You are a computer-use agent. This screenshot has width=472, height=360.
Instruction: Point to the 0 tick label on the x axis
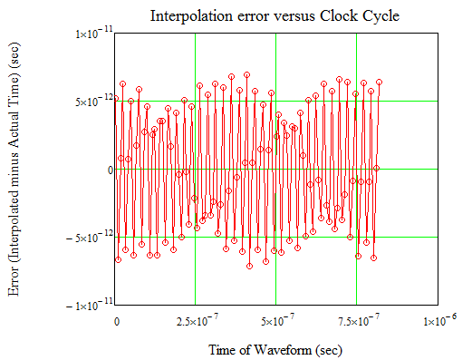pos(117,321)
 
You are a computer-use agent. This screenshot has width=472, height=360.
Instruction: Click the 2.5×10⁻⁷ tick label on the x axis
pos(194,321)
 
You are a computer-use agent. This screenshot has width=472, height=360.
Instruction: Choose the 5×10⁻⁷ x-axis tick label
pos(275,321)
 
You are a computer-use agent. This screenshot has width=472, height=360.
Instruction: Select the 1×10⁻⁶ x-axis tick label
pos(433,321)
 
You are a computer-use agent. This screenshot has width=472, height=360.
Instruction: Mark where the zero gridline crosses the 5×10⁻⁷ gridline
pos(275,170)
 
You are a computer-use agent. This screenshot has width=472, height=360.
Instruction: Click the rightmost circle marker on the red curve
pos(379,83)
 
